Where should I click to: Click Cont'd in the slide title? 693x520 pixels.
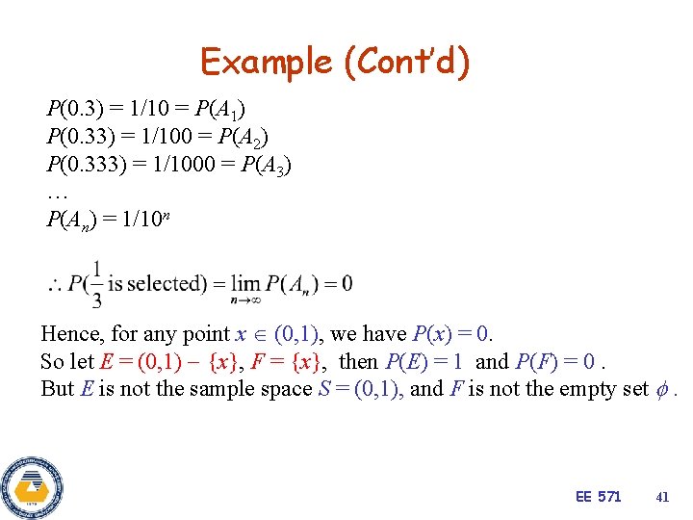point(407,63)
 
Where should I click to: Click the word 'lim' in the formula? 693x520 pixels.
point(248,282)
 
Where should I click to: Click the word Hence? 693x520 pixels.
point(70,334)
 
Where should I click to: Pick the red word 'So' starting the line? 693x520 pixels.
point(52,361)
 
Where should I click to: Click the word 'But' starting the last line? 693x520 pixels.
point(56,388)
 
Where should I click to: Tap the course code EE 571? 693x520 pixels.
point(598,497)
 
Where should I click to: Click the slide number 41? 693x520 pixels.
point(661,497)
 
